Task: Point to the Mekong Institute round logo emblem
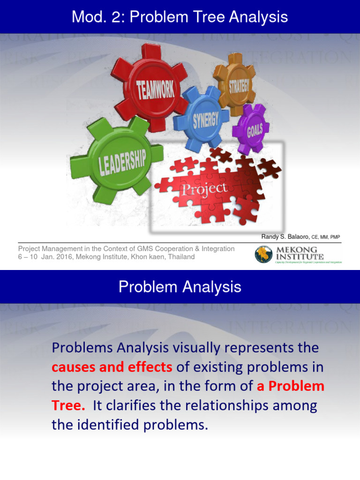point(263,255)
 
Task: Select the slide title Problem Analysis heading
point(180,287)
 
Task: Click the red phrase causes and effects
point(112,367)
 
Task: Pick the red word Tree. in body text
point(69,405)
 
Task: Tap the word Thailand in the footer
point(180,257)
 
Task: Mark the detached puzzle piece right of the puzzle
point(270,167)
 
